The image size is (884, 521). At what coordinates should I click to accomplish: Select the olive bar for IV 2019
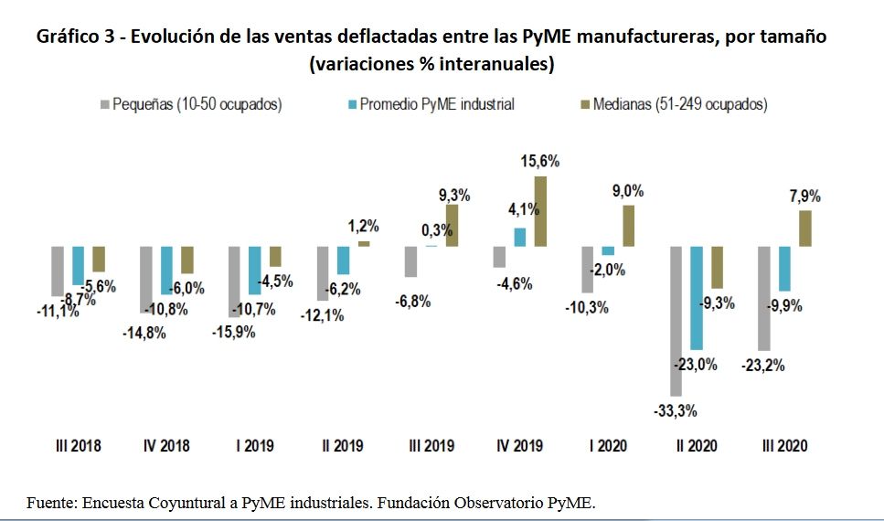click(540, 211)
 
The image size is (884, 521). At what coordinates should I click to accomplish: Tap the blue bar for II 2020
click(697, 298)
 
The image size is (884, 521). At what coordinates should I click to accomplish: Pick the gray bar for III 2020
click(764, 298)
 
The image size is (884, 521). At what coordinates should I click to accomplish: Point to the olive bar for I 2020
click(629, 226)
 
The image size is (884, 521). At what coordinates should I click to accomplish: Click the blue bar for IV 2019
click(519, 238)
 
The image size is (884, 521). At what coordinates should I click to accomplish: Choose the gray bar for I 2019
click(234, 282)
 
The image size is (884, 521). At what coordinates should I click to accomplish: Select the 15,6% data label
click(539, 161)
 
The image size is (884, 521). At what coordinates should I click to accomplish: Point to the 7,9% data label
click(804, 196)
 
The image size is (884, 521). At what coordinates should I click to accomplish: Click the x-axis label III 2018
click(76, 446)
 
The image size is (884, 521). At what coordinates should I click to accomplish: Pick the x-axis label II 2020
click(696, 446)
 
